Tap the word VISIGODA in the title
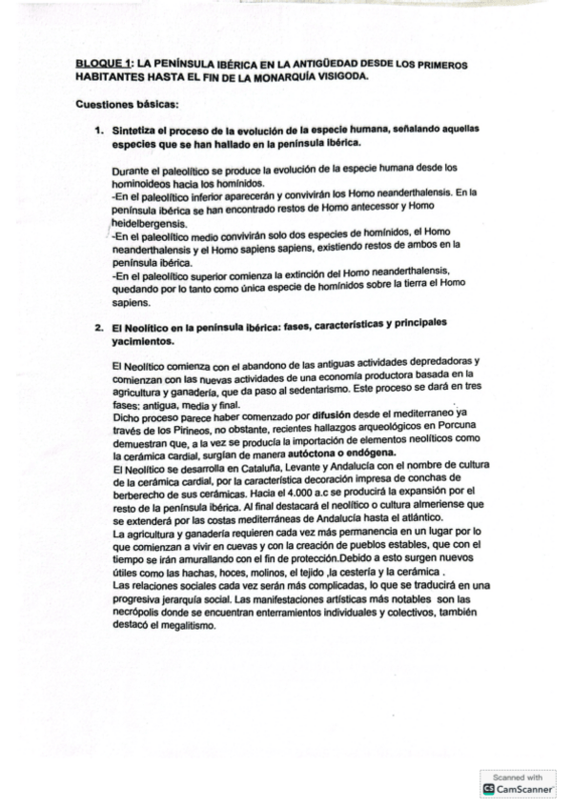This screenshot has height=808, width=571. [x=337, y=78]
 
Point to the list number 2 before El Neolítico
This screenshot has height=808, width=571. [x=98, y=324]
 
